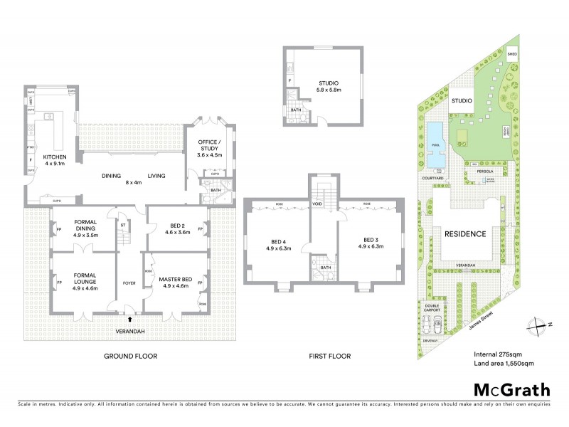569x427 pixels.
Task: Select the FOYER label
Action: click(x=129, y=283)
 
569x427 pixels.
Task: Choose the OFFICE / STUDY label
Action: click(x=210, y=146)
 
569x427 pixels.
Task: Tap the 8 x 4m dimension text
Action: click(x=134, y=182)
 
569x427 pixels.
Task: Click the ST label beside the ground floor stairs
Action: click(x=122, y=226)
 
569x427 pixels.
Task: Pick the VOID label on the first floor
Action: click(x=317, y=204)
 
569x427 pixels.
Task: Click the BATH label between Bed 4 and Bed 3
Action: click(x=326, y=267)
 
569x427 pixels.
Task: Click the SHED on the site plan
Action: click(x=511, y=54)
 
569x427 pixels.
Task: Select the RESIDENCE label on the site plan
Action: click(x=466, y=233)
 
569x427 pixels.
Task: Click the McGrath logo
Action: click(x=511, y=389)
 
